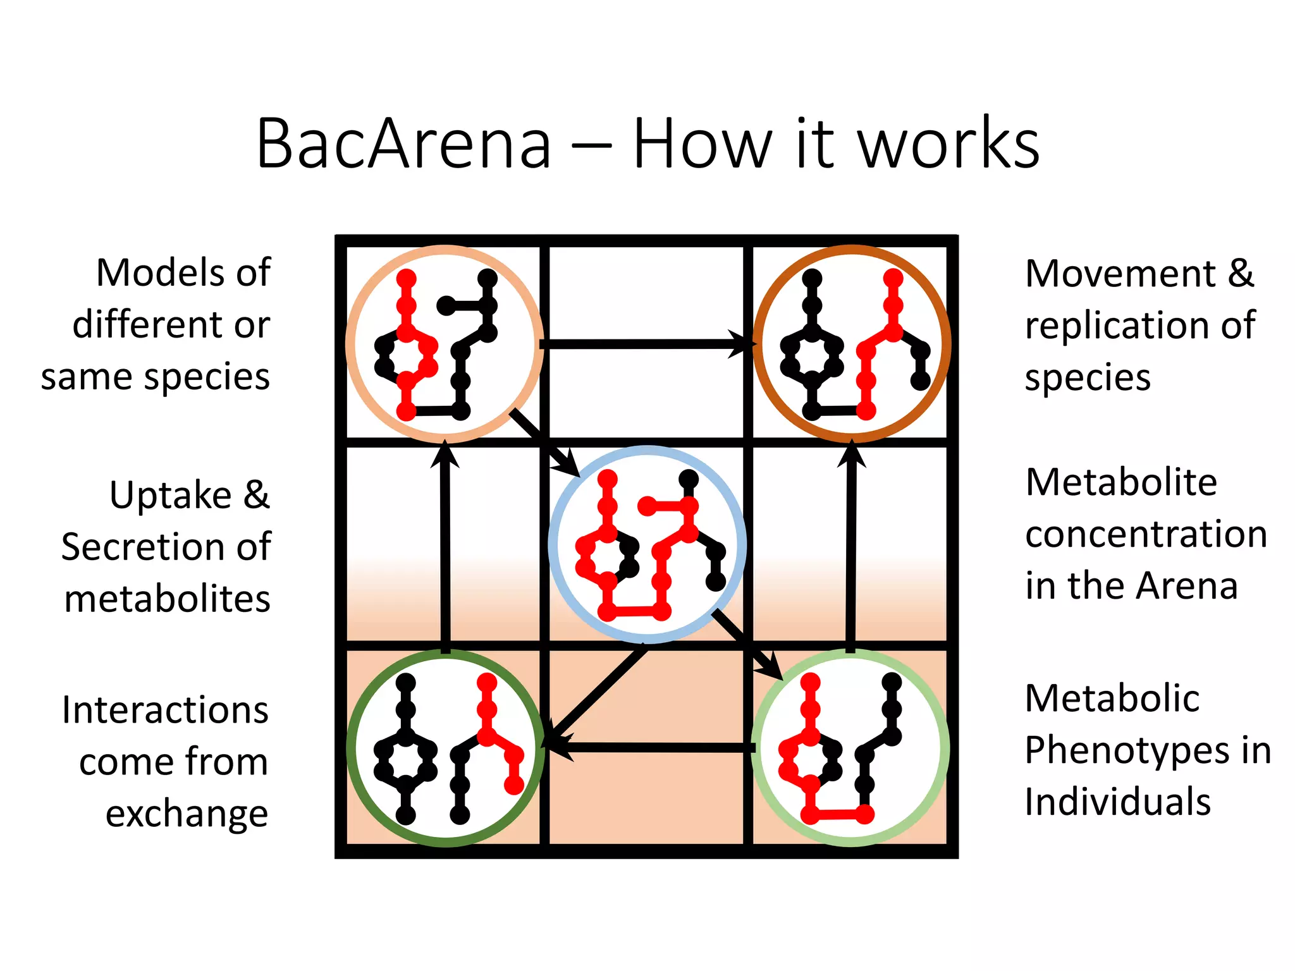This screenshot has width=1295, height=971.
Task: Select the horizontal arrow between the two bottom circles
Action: coord(651,748)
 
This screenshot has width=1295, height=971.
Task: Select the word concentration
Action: coord(1146,535)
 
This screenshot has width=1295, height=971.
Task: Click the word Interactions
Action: coord(165,711)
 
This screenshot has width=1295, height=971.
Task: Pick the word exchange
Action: coord(187,814)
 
